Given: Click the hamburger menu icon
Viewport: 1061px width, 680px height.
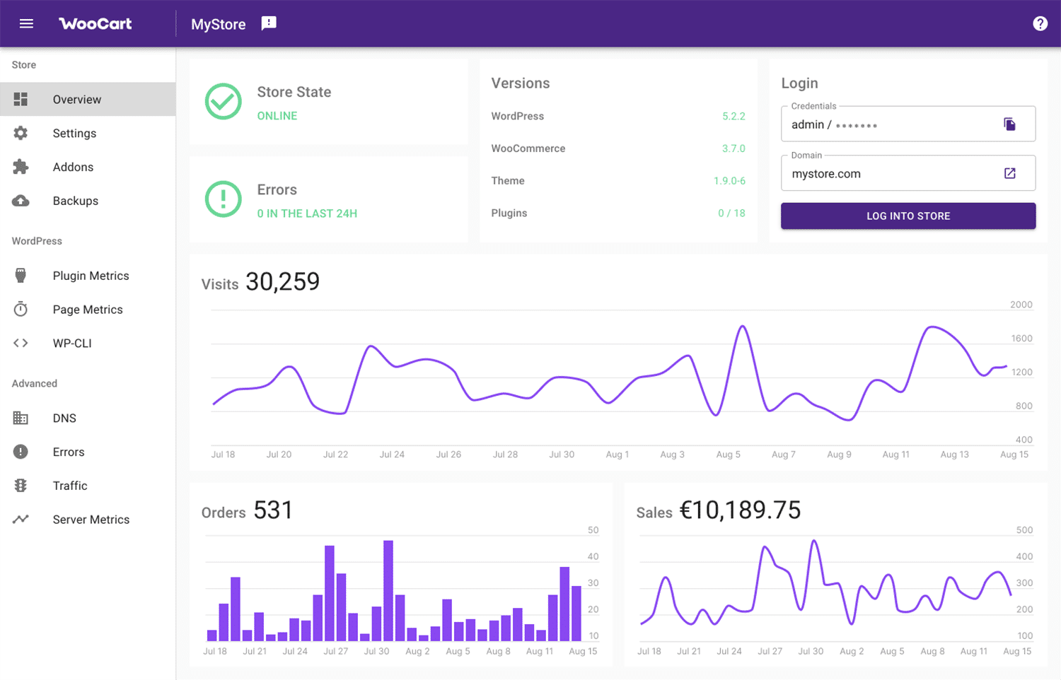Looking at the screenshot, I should (x=26, y=24).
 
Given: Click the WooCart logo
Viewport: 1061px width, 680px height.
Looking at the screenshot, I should (x=95, y=24).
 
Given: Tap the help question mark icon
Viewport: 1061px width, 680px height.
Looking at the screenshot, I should (x=1040, y=24).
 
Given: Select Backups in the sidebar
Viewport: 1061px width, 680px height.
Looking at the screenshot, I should (x=75, y=201).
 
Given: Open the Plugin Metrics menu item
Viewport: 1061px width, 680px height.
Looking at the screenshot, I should (x=91, y=276).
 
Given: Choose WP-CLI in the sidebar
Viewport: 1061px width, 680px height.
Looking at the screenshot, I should (x=72, y=344).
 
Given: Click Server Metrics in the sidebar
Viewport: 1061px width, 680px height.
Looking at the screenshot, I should (x=91, y=520).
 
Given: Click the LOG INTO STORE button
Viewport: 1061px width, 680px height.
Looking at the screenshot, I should (x=908, y=216).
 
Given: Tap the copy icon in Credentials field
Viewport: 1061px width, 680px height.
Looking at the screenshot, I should (x=1009, y=124).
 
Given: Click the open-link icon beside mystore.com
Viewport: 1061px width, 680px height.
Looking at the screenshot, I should (x=1009, y=174).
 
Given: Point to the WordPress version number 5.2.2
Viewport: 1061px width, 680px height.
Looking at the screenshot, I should (x=734, y=117).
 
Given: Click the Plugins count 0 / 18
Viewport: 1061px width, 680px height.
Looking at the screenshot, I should (x=731, y=213).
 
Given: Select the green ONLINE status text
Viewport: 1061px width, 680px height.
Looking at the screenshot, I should (x=277, y=116).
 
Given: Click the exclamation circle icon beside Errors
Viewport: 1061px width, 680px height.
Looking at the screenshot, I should (x=223, y=199).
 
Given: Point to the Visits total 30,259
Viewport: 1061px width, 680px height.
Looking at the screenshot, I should (x=282, y=282).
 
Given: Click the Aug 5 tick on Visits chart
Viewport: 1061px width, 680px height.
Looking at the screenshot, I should (x=728, y=455).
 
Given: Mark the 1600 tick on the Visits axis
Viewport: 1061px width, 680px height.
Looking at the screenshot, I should (x=1021, y=339).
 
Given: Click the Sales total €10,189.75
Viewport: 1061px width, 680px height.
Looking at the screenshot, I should (x=740, y=510).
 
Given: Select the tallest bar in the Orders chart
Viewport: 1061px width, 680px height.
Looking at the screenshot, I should (x=388, y=590).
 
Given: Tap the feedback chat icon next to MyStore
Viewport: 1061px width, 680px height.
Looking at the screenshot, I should (x=269, y=23).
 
